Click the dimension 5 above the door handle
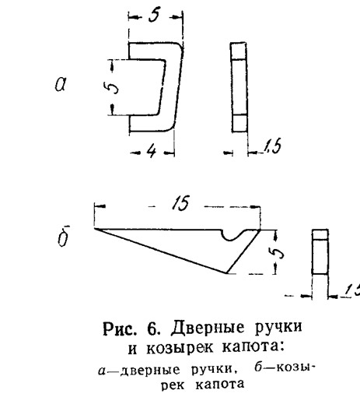pyautogui.click(x=154, y=16)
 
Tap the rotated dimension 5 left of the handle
pyautogui.click(x=113, y=87)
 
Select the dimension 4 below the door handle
pyautogui.click(x=152, y=151)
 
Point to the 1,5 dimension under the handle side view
pyautogui.click(x=272, y=146)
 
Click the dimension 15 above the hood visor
pyautogui.click(x=180, y=202)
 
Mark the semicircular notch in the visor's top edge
pyautogui.click(x=231, y=236)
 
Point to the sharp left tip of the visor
pyautogui.click(x=95, y=229)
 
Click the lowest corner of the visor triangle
pyautogui.click(x=226, y=273)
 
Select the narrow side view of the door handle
pyautogui.click(x=239, y=87)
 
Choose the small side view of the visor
pyautogui.click(x=320, y=251)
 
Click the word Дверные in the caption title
pyautogui.click(x=207, y=328)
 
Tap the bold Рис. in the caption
pyautogui.click(x=120, y=328)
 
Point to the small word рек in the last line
pyautogui.click(x=173, y=385)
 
